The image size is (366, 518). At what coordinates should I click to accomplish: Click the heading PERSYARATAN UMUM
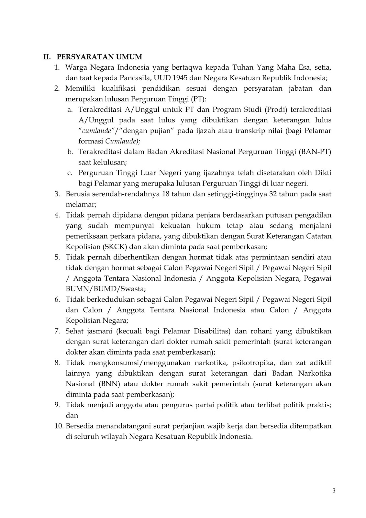[99, 57]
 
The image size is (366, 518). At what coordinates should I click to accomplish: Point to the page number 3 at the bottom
[334, 490]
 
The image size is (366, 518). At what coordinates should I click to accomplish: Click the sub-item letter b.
[70, 152]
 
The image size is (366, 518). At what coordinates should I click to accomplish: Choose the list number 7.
[57, 331]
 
